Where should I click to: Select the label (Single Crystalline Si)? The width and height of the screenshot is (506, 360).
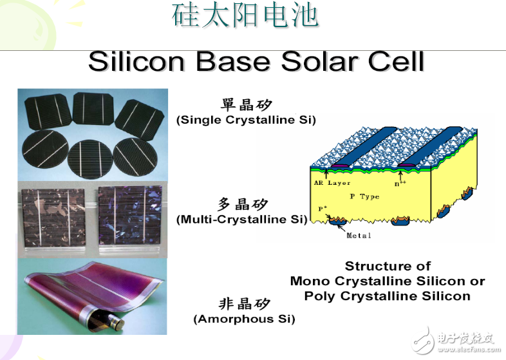point(246,120)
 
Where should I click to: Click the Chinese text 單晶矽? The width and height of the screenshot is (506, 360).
point(246,105)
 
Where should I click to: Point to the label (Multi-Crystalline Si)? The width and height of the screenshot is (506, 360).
point(241,220)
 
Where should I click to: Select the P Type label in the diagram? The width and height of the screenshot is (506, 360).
point(364,196)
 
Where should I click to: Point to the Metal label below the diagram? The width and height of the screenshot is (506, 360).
point(359,236)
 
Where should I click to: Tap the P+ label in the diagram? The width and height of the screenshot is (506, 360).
point(323,209)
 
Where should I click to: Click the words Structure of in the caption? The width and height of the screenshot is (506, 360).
point(387,266)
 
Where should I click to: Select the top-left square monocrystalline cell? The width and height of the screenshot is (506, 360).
point(46,111)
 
